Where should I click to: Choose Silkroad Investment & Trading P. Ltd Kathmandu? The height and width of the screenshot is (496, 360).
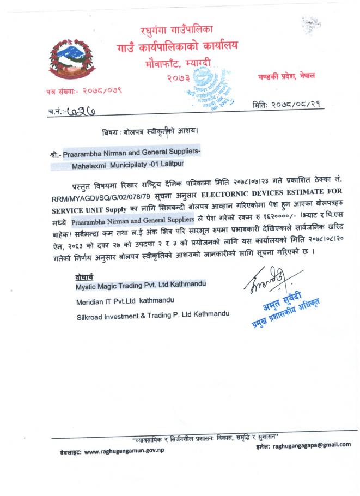click(x=152, y=314)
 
